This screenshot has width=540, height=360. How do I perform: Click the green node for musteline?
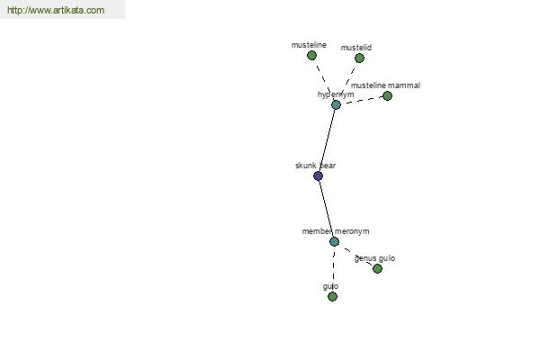(x=311, y=56)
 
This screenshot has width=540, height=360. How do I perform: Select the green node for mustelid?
(x=359, y=58)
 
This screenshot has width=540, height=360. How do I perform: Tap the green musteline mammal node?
(x=387, y=95)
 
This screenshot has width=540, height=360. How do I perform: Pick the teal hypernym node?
(x=336, y=104)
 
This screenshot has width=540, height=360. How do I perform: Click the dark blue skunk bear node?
(x=319, y=176)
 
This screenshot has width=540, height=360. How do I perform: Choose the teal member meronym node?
(x=335, y=241)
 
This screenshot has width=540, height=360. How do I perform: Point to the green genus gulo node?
(x=377, y=268)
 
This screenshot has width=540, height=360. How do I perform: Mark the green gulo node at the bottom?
(x=332, y=296)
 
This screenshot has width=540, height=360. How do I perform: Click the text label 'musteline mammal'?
(x=385, y=85)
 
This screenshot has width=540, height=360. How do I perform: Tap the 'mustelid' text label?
(x=356, y=48)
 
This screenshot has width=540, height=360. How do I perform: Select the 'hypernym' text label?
(x=336, y=94)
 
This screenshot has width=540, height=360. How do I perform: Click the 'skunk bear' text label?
(x=316, y=166)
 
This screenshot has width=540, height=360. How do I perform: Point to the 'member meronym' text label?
(x=336, y=231)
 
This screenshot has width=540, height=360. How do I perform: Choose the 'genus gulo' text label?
(x=374, y=258)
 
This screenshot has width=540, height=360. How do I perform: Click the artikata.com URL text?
(x=56, y=10)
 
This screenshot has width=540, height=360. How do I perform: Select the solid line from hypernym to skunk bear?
(x=328, y=140)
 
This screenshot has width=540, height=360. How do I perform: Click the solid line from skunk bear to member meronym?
(x=327, y=209)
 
